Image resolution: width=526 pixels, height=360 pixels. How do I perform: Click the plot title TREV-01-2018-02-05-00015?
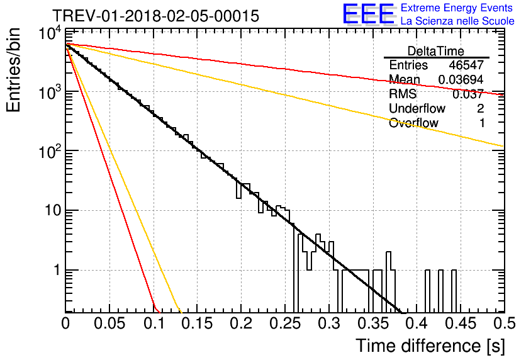tap(156, 16)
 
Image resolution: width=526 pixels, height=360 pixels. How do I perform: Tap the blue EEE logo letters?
tap(368, 14)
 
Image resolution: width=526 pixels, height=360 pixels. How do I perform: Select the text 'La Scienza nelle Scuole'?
tap(457, 21)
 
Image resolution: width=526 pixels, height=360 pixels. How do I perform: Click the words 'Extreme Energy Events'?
tap(457, 8)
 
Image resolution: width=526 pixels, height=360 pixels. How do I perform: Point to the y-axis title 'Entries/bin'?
tap(13, 70)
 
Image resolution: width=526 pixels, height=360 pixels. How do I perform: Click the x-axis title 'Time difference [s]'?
tap(430, 346)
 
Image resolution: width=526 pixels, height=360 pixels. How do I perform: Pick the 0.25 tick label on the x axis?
tap(286, 323)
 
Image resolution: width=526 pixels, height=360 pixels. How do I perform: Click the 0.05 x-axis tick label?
tap(109, 323)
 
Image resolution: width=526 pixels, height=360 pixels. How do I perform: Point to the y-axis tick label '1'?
tap(57, 270)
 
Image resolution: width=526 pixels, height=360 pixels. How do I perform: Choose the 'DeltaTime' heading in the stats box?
tap(436, 51)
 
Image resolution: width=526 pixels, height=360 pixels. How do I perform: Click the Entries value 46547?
tap(466, 65)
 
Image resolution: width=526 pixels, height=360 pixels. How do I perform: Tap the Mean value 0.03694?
tap(461, 79)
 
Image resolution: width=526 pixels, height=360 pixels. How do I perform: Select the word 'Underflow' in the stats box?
tap(417, 108)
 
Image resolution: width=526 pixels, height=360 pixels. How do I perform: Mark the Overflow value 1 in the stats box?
tap(482, 123)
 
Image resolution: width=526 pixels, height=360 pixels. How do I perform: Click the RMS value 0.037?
tap(468, 94)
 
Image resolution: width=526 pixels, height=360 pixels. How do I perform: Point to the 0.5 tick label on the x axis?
tap(504, 323)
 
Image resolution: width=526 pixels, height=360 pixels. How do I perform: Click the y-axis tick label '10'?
tap(53, 211)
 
